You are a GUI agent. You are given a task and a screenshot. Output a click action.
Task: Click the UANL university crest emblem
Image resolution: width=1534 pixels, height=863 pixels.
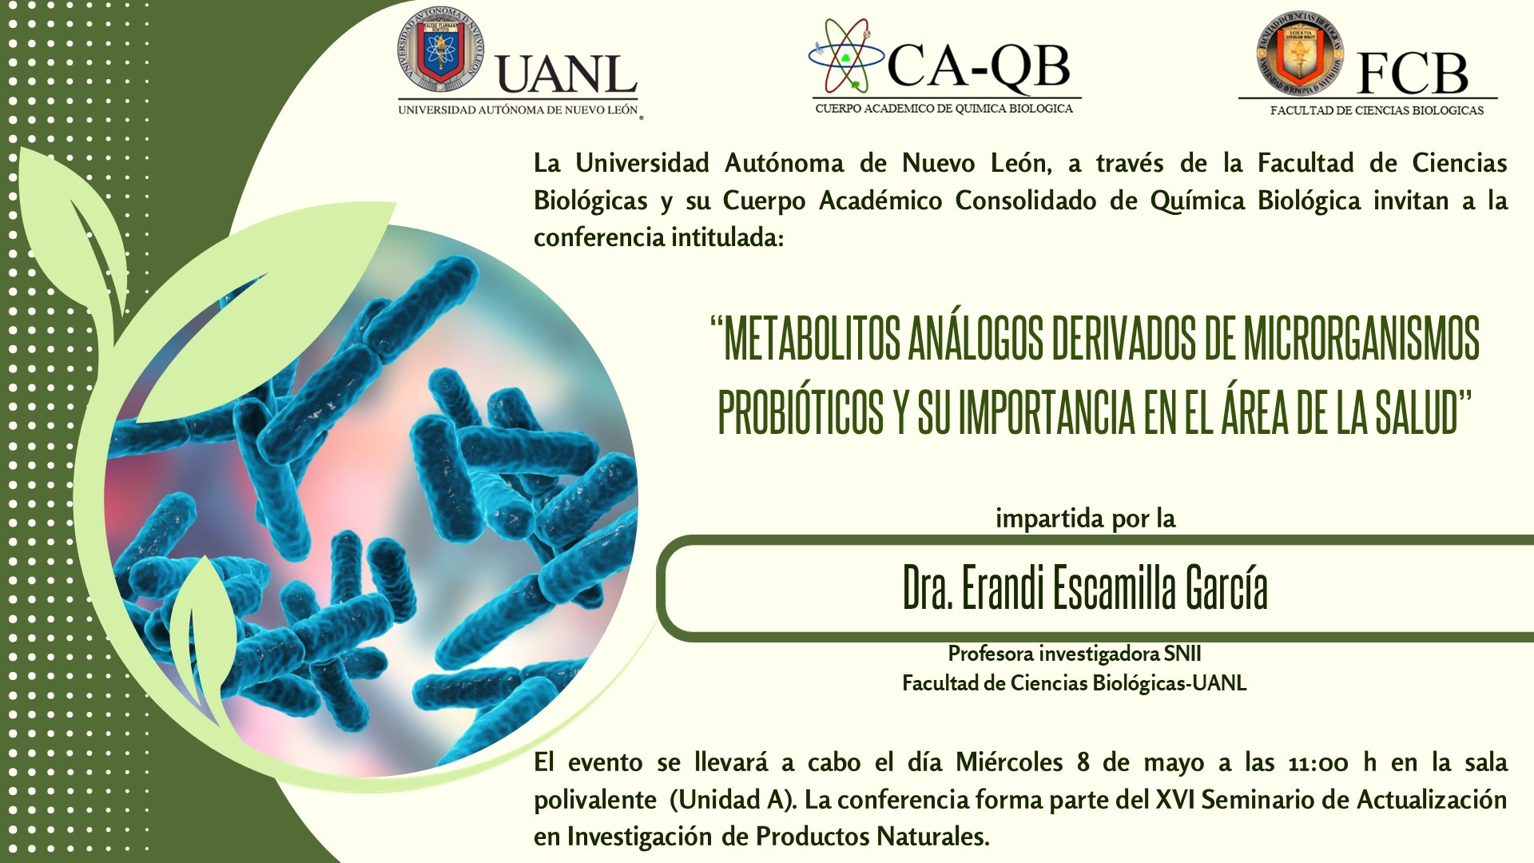(441, 53)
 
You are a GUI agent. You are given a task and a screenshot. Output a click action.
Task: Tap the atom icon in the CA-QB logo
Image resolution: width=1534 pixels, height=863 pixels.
(845, 56)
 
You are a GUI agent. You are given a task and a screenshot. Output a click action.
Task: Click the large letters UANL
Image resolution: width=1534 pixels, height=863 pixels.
(566, 74)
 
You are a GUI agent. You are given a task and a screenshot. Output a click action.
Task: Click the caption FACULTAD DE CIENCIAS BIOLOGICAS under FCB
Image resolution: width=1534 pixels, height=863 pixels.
(1377, 110)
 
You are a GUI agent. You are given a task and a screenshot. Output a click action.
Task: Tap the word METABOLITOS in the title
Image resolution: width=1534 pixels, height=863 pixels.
(811, 338)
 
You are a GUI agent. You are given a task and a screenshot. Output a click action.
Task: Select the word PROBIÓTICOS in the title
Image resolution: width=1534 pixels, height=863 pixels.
(801, 412)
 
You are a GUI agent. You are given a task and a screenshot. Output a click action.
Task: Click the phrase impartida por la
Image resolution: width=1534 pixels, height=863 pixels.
(1085, 519)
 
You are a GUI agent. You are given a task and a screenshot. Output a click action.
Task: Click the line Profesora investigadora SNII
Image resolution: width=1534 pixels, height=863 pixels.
(1075, 654)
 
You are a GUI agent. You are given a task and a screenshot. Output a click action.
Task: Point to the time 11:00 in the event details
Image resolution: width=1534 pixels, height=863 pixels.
(1318, 763)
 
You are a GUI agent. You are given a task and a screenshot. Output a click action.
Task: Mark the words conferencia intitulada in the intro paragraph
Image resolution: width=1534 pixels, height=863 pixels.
(658, 237)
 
